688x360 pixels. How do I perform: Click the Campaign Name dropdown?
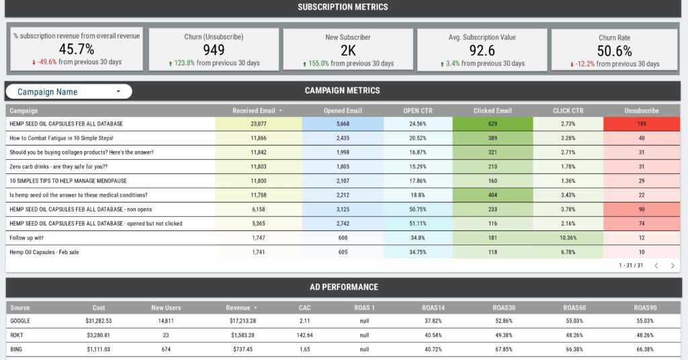(69, 91)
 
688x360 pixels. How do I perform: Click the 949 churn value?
(214, 50)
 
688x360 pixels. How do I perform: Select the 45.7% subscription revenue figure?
(77, 49)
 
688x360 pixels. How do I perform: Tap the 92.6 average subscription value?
(482, 50)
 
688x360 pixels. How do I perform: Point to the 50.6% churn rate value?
(614, 50)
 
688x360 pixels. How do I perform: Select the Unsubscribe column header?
(641, 110)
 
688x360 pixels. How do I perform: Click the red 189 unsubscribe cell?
(641, 124)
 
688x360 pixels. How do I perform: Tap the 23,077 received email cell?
(259, 124)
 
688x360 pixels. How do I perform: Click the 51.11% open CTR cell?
(418, 224)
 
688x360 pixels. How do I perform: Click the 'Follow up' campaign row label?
(27, 238)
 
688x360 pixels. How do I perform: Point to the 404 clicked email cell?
(492, 195)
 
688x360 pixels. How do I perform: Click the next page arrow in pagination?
(672, 265)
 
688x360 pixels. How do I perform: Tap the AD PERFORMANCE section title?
(343, 287)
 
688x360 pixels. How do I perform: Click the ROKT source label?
(18, 335)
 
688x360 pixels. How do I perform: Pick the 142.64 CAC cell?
(304, 335)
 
